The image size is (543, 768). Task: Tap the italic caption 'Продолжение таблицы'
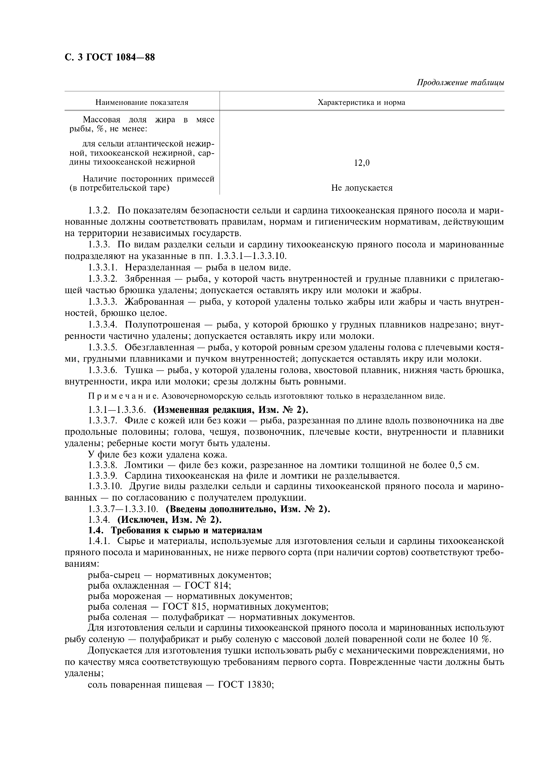pyautogui.click(x=460, y=83)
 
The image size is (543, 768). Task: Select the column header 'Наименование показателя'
pyautogui.click(x=142, y=102)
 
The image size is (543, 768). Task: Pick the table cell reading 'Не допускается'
pyautogui.click(x=362, y=188)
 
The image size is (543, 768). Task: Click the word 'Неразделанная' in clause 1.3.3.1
pyautogui.click(x=157, y=267)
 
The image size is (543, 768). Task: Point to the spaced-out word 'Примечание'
pyautogui.click(x=123, y=396)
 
